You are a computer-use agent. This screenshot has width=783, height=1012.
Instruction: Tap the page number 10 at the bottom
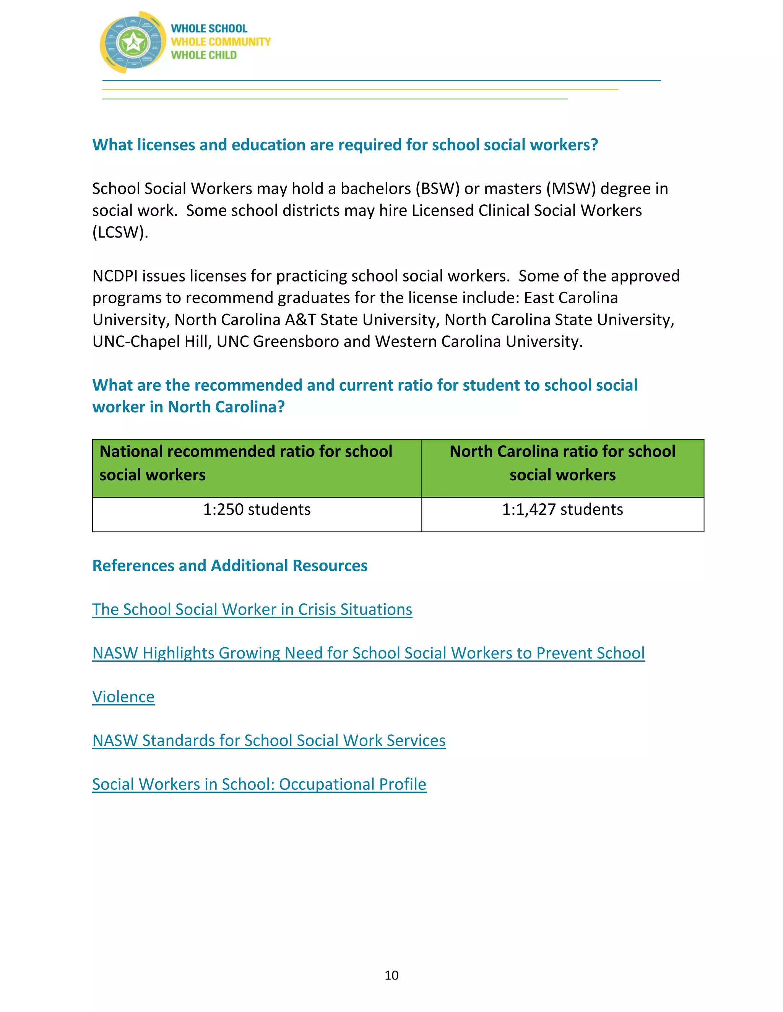391,975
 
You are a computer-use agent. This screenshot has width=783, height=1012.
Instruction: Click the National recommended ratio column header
246,463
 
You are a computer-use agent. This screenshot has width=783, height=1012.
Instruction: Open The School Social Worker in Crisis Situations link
252,609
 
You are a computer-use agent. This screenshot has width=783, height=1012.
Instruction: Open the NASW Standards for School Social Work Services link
268,740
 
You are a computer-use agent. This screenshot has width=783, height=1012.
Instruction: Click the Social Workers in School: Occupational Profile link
259,784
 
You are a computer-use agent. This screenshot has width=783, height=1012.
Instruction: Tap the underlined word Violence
123,697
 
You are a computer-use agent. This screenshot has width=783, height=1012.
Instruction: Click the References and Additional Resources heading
230,566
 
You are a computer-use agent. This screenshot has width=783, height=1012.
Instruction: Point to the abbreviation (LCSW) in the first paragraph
120,232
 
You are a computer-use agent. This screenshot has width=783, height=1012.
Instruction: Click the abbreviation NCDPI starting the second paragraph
115,276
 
